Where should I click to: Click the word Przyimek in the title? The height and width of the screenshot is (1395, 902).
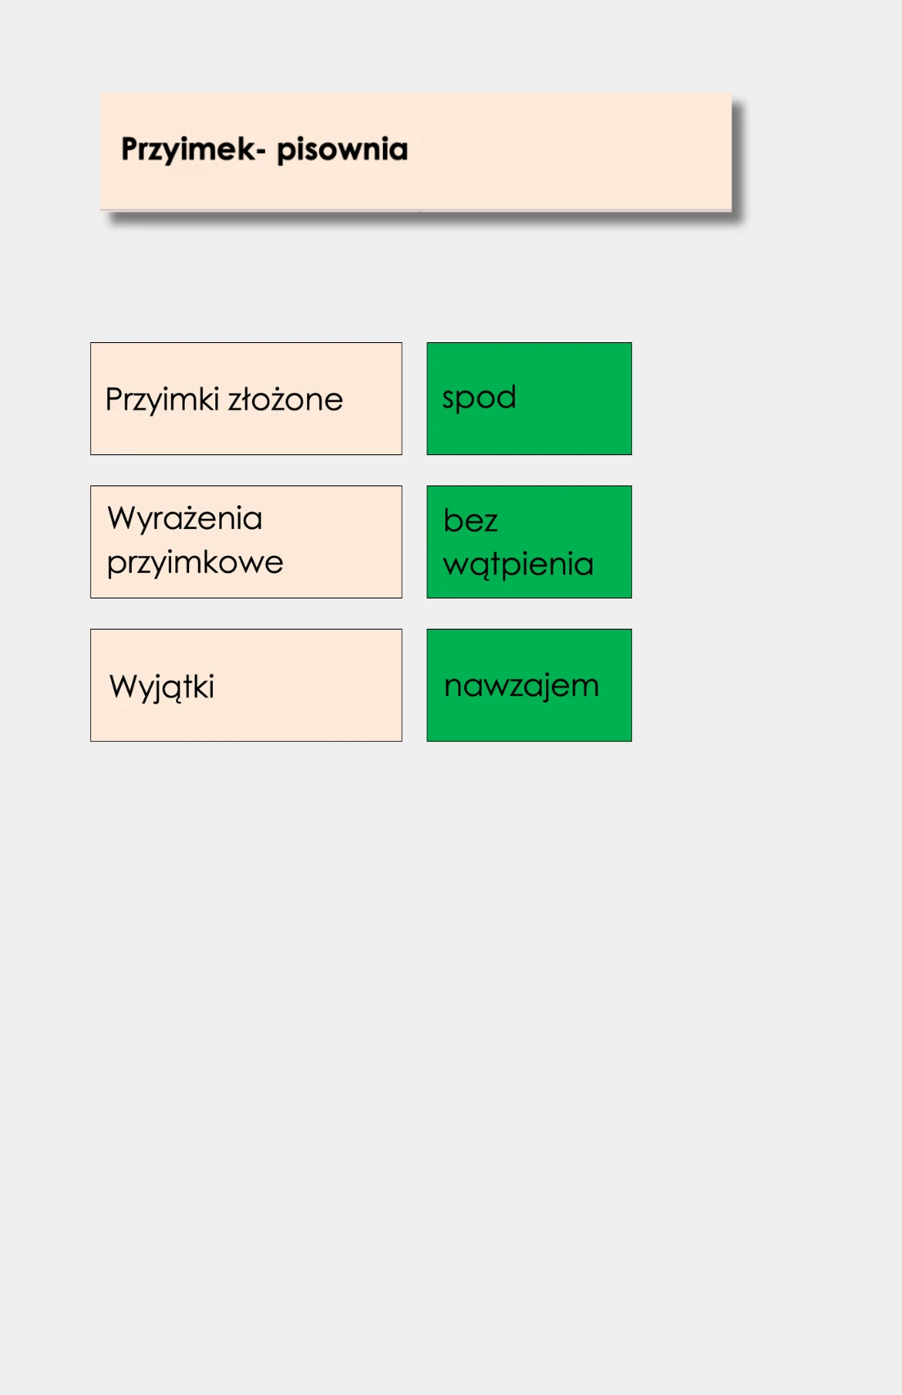pos(188,150)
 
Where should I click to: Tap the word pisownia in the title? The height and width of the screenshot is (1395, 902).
pos(342,150)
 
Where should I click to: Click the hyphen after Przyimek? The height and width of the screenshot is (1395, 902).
pos(261,151)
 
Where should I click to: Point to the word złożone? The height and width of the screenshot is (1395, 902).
pos(285,399)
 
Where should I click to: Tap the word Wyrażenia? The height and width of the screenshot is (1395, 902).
pos(185,518)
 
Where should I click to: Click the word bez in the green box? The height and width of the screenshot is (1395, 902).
pos(471,519)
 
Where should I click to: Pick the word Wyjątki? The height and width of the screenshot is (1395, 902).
pos(162,688)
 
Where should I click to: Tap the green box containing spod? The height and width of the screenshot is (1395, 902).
pos(529,399)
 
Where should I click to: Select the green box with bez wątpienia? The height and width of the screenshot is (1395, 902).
pos(529,542)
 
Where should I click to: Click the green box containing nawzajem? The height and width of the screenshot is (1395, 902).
pos(529,685)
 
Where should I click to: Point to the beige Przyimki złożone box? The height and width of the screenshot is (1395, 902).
pos(246,399)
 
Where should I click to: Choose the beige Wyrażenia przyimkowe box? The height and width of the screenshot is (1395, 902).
pos(246,542)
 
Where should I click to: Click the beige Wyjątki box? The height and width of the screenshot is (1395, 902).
pos(246,685)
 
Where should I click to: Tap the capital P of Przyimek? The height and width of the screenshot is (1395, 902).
pos(129,149)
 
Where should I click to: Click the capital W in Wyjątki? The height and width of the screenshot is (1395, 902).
pos(124,686)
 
